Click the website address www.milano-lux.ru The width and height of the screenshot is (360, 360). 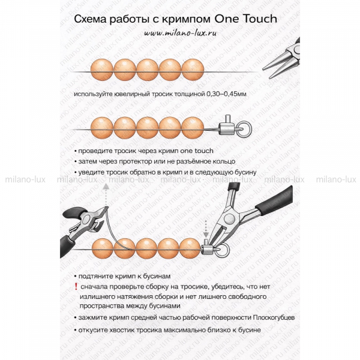click(x=181, y=33)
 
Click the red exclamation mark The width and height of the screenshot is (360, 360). click(x=76, y=287)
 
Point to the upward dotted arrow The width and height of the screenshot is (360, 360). click(x=106, y=194)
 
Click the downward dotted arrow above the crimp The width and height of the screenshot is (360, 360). click(x=206, y=229)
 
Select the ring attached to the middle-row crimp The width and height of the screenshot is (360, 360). click(x=244, y=129)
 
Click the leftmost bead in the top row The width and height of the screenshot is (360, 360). click(x=102, y=70)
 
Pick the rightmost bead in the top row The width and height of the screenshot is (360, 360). click(x=193, y=70)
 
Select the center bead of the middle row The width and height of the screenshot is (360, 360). click(x=148, y=128)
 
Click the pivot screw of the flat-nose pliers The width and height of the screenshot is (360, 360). click(x=229, y=218)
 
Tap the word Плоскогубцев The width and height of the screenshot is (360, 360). click(x=274, y=318)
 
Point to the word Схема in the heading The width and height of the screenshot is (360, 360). click(x=90, y=19)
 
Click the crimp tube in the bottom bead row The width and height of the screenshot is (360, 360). click(x=208, y=248)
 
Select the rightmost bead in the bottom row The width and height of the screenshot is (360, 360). click(x=190, y=248)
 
